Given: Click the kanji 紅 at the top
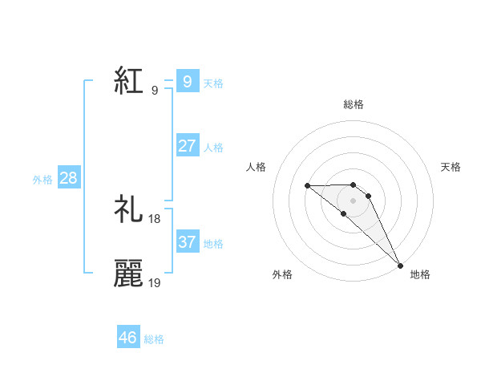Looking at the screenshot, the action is [128, 81].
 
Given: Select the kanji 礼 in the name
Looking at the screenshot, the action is [128, 209].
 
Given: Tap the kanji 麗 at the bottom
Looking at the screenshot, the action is [128, 274].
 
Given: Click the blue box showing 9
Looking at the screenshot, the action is [187, 81].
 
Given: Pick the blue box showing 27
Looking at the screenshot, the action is [187, 145].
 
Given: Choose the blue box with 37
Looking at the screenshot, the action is [187, 241].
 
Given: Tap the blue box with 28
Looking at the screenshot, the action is [68, 177].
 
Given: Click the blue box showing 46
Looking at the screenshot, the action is [127, 338].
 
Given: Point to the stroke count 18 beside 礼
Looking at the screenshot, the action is [155, 218].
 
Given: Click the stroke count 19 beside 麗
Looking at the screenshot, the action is [155, 282].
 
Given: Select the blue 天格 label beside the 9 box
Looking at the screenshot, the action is [213, 83].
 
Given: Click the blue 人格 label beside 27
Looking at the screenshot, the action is [213, 148].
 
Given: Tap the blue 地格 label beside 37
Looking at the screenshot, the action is [213, 244].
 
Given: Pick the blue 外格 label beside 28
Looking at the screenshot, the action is [42, 180].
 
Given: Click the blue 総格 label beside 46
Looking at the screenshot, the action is [154, 340].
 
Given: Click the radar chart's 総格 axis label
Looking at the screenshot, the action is [354, 104].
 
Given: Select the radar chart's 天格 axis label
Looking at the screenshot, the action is [451, 167].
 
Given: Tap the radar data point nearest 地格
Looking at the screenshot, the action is [400, 265].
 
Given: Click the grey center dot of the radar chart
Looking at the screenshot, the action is [354, 200].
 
